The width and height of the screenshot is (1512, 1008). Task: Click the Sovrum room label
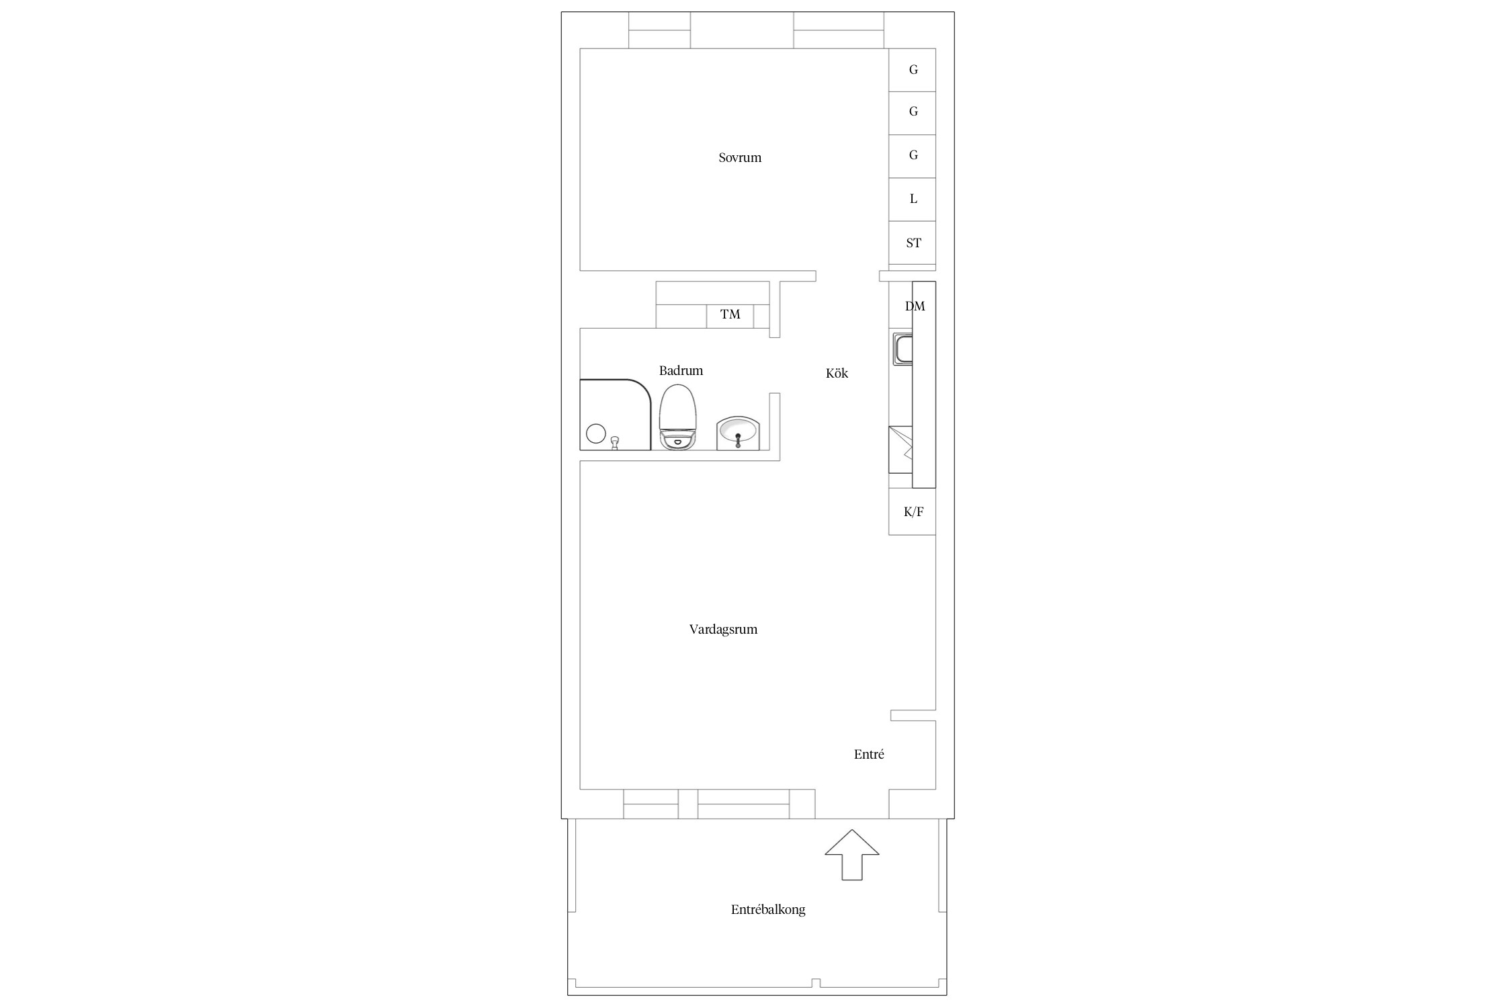(x=740, y=158)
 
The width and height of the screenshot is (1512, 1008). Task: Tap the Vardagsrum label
(x=723, y=630)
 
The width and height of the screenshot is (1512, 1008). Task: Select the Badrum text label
(x=681, y=370)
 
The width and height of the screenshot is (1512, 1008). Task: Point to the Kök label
(x=837, y=373)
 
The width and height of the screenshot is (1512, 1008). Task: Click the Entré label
(x=869, y=754)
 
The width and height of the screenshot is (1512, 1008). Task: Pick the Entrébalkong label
(x=768, y=910)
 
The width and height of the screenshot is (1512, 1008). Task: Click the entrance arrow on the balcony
(x=852, y=855)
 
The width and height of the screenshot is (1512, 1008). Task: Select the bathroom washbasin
(x=738, y=433)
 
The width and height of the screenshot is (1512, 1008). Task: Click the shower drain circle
(x=596, y=433)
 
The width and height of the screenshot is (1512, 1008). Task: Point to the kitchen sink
(x=902, y=349)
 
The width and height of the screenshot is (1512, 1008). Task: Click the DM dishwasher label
(x=915, y=306)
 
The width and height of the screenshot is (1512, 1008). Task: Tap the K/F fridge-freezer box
(x=912, y=511)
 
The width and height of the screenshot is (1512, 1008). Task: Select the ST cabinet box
(x=912, y=243)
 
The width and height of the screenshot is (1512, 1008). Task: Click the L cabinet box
(x=912, y=200)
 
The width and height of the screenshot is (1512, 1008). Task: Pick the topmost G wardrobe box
(x=912, y=70)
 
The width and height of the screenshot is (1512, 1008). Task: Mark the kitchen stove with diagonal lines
(x=900, y=449)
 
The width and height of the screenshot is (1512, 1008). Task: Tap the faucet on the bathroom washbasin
(x=738, y=439)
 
